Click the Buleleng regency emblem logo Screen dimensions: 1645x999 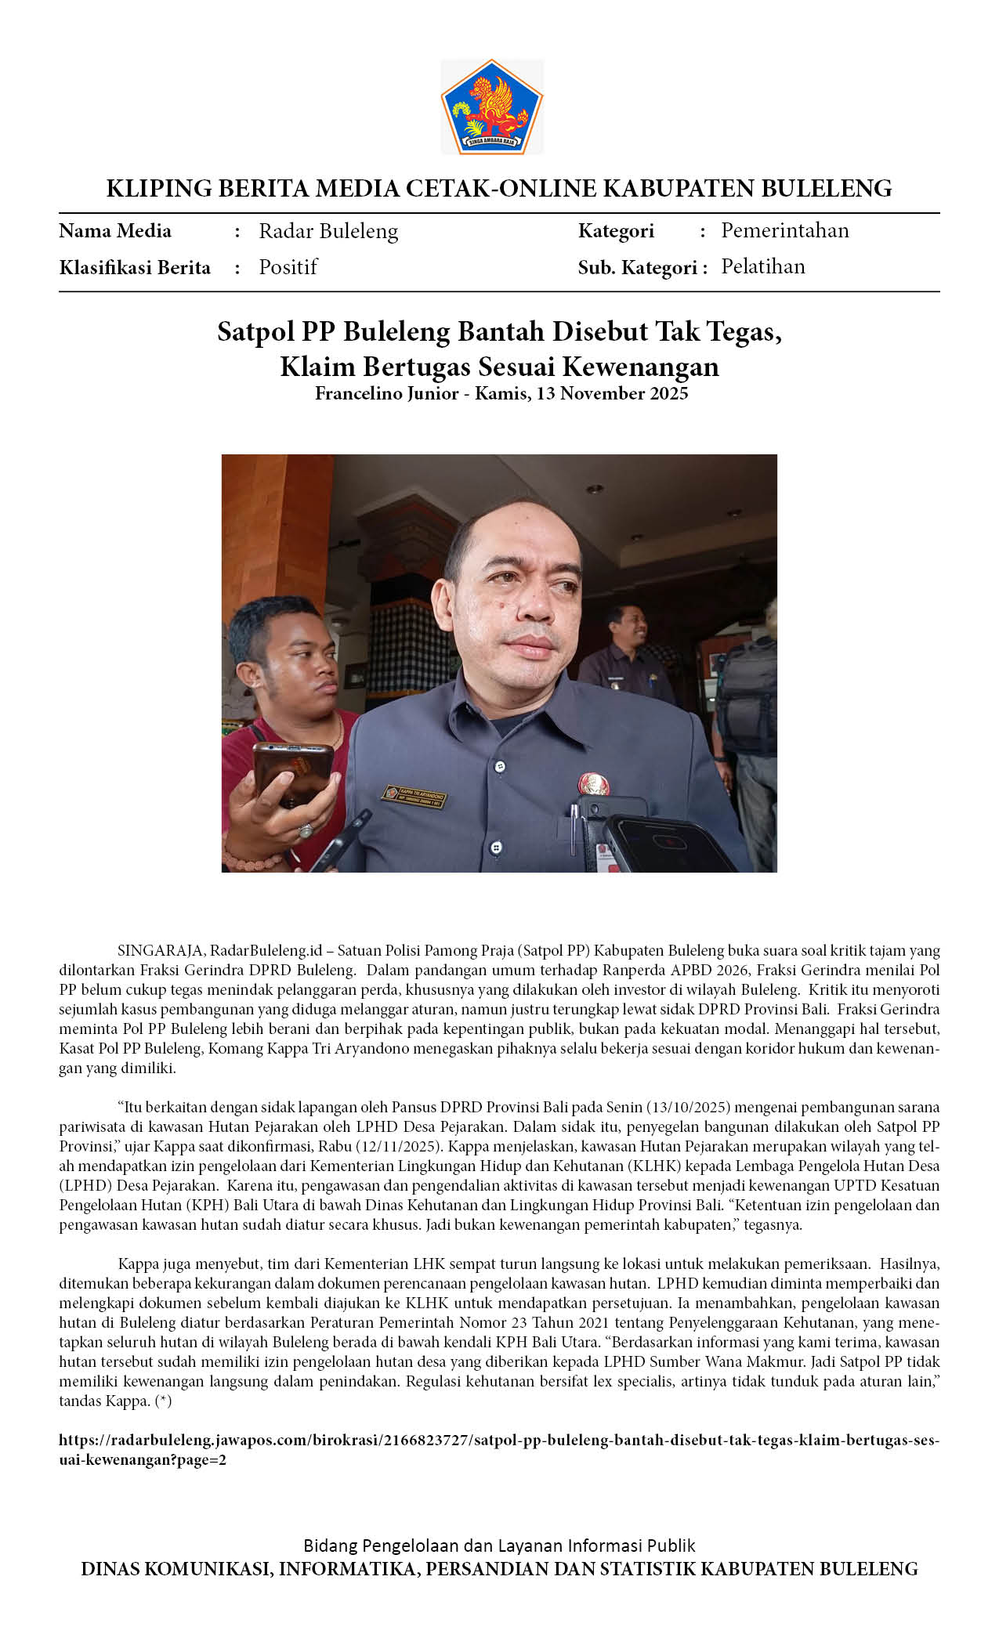click(x=491, y=106)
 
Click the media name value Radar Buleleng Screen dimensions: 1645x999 click(x=328, y=231)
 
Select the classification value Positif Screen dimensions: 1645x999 click(x=288, y=267)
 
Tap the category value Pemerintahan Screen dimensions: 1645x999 click(x=784, y=230)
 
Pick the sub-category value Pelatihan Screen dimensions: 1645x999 click(x=762, y=266)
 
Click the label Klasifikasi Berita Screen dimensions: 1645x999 click(x=135, y=268)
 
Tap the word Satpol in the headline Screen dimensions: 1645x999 click(x=255, y=331)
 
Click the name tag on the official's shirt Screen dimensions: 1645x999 click(x=414, y=795)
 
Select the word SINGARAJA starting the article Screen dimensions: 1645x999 click(x=161, y=950)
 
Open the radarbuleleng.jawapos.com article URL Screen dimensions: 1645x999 click(x=498, y=1440)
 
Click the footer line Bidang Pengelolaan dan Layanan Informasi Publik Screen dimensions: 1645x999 click(x=499, y=1546)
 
